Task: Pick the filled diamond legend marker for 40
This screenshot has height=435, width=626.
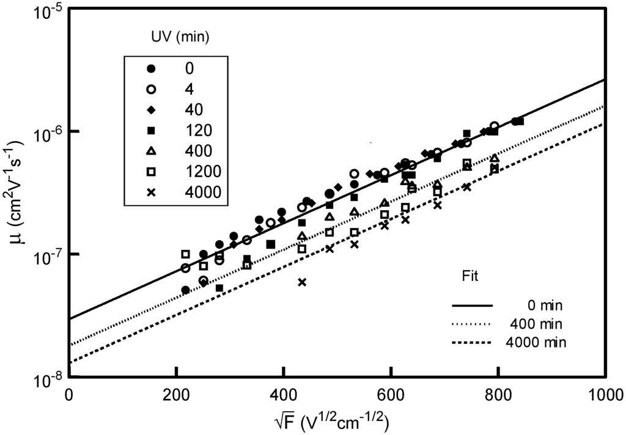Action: pyautogui.click(x=150, y=109)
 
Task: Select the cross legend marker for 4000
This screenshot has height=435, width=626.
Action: pyautogui.click(x=150, y=192)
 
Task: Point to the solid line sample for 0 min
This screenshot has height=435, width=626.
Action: pyautogui.click(x=472, y=304)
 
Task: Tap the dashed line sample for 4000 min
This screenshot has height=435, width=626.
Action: pyautogui.click(x=472, y=342)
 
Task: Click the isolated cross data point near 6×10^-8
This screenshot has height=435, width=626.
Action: pyautogui.click(x=302, y=282)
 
